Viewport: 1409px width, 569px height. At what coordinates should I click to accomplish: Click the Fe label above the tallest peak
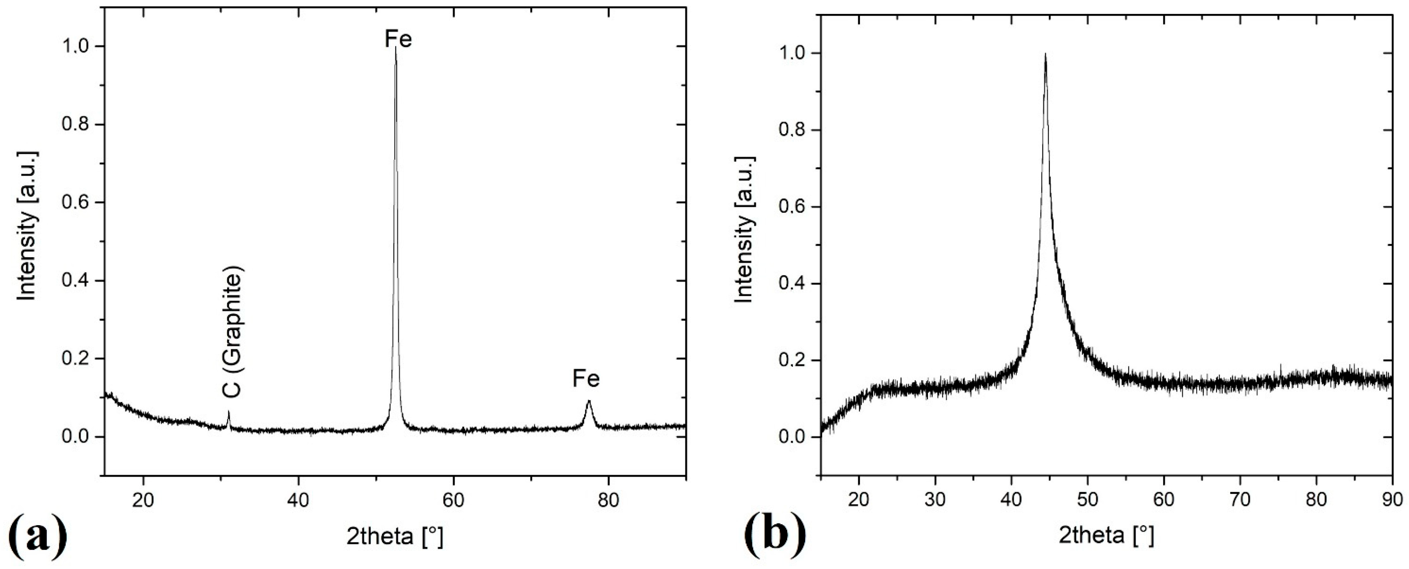click(398, 39)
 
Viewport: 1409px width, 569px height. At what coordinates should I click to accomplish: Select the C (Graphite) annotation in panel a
click(232, 334)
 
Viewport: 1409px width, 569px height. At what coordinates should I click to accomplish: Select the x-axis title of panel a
click(394, 537)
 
